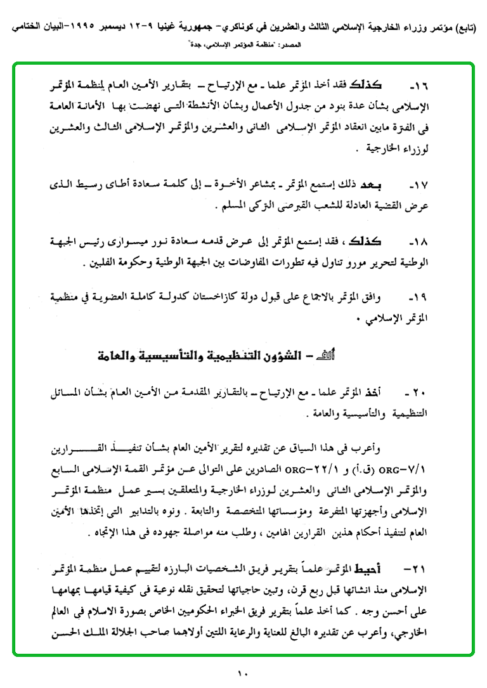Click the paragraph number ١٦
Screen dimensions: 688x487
click(418, 84)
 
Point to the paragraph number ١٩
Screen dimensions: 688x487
click(418, 297)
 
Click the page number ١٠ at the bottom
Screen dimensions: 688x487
click(243, 674)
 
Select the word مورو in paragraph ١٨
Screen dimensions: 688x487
click(352, 260)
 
